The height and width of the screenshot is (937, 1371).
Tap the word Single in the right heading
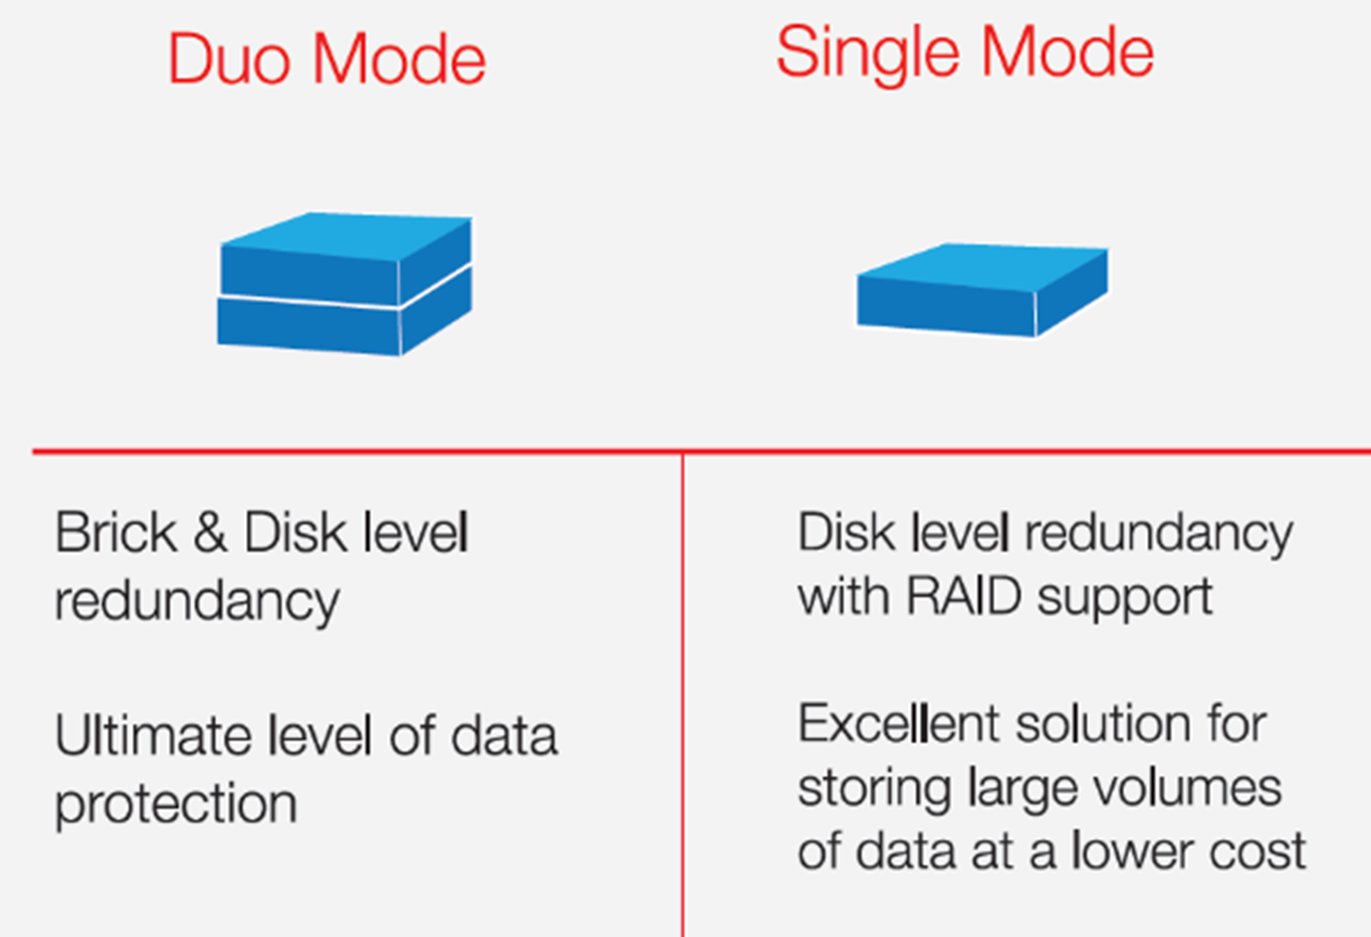click(x=868, y=55)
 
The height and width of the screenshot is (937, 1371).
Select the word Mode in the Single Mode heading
click(x=1067, y=53)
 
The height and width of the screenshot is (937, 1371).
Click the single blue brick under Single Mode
click(x=983, y=290)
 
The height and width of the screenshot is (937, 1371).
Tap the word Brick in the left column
click(x=116, y=533)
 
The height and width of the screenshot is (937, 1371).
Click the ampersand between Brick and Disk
click(x=210, y=533)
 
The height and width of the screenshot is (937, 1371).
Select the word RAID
click(x=964, y=596)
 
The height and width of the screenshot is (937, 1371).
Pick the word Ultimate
click(x=153, y=735)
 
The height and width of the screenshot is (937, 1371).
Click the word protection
click(x=176, y=805)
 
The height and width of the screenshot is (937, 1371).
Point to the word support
click(x=1125, y=598)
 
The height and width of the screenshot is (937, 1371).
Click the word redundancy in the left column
click(x=197, y=601)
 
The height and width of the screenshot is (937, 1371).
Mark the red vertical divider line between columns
click(x=682, y=695)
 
